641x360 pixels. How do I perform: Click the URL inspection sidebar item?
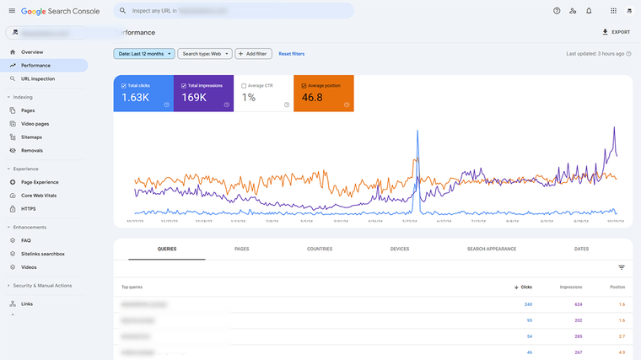38,78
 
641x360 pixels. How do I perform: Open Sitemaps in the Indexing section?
31,137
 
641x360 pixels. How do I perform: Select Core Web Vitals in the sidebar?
39,195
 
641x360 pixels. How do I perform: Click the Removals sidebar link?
31,150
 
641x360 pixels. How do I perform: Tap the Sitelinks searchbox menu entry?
42,253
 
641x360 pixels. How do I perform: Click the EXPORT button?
616,32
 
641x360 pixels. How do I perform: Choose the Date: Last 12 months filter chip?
144,53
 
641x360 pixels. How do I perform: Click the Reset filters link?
291,53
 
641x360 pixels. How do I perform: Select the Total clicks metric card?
143,93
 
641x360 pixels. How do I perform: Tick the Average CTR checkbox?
244,85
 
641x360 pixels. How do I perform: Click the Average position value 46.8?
313,97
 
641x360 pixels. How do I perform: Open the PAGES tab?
241,249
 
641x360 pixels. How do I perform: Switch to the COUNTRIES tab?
320,249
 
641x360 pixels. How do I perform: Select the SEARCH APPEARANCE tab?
492,249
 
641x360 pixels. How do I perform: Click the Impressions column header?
571,287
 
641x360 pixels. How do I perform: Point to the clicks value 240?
528,304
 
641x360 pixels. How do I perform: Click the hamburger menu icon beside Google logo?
12,11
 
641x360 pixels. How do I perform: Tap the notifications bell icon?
589,11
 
